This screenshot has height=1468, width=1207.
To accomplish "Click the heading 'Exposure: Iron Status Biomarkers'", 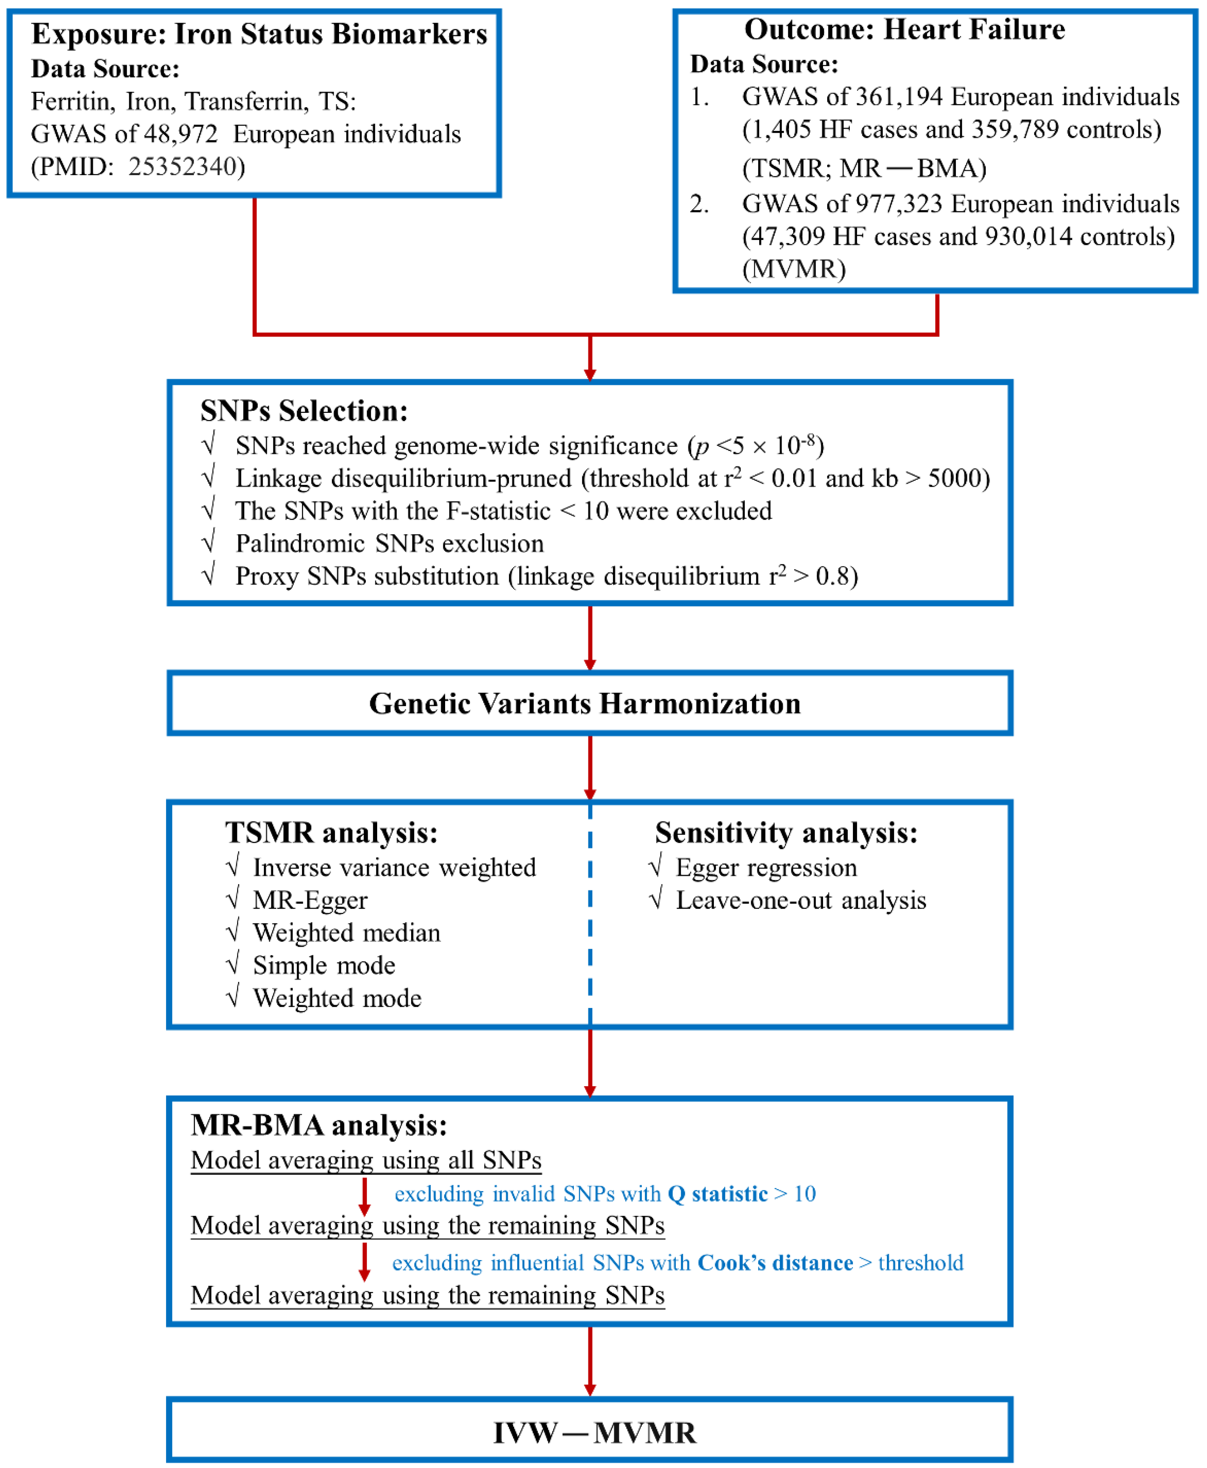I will (x=259, y=33).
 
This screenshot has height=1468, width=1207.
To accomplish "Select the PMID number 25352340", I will (x=187, y=167).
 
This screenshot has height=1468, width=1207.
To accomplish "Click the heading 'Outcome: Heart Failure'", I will (x=904, y=29).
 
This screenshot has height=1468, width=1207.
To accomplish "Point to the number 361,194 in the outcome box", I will (x=899, y=97).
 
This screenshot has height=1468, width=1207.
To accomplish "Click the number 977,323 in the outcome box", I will (x=899, y=204).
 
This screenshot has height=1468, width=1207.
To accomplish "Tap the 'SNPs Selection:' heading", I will (x=304, y=411).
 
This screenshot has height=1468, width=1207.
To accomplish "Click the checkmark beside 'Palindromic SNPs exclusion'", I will (x=208, y=542).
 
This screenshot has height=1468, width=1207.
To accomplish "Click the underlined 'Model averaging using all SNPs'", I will (x=366, y=1160).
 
